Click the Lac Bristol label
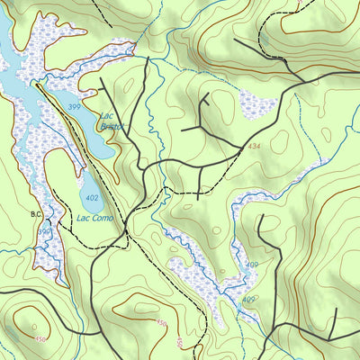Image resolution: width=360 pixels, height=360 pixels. [109, 121]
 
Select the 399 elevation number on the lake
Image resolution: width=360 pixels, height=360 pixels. [73, 107]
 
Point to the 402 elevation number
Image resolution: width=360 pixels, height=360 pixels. [92, 197]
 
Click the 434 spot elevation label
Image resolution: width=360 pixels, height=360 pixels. [256, 146]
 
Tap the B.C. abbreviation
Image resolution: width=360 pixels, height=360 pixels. [36, 214]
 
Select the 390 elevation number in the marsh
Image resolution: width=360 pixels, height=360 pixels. [43, 232]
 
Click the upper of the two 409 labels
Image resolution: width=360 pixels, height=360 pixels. [252, 265]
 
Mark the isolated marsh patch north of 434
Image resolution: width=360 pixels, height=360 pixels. [258, 105]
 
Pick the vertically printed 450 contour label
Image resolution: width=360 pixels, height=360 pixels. [180, 342]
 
